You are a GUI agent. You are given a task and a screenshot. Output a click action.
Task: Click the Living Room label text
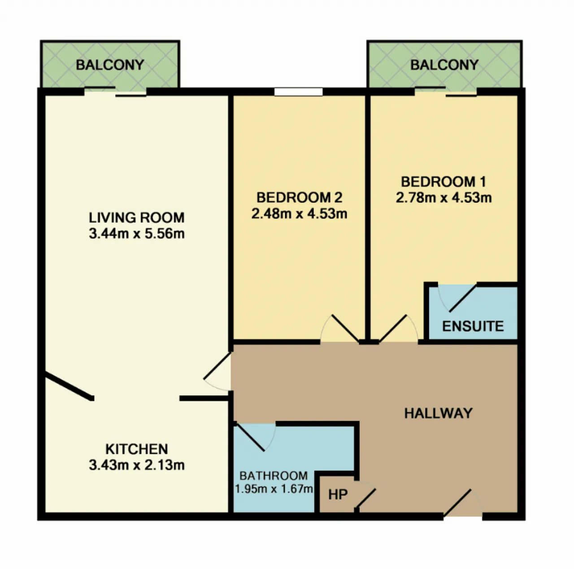[137, 217]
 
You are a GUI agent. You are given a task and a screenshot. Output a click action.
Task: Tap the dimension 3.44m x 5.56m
[137, 233]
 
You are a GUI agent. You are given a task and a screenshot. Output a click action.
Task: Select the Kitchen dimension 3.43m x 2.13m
[137, 465]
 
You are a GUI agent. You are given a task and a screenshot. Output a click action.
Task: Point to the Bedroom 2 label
[300, 197]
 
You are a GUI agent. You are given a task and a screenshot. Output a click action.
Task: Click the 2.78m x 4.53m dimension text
[444, 198]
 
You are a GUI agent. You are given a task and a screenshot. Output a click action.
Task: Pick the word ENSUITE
[473, 326]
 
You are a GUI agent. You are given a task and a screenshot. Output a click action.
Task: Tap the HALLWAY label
[438, 413]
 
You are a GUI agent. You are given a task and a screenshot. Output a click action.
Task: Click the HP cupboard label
[338, 495]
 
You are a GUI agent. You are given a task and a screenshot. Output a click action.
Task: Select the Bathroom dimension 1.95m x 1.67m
[274, 489]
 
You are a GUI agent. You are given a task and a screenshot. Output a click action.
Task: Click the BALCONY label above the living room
[110, 65]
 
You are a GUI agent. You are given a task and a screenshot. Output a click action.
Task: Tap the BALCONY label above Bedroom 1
[444, 65]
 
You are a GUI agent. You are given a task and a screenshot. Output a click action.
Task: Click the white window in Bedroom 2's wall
[298, 92]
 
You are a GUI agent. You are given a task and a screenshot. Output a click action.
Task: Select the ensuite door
[457, 298]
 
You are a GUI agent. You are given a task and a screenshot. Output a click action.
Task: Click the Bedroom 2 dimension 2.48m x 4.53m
[300, 214]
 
